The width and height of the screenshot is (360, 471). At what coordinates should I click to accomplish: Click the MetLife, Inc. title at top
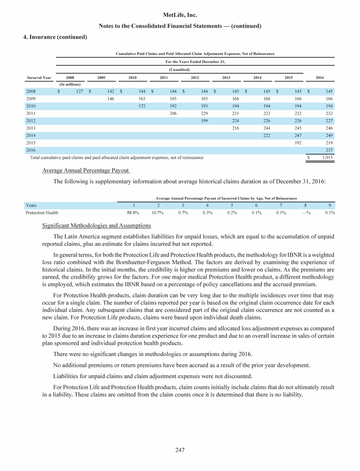point(180,15)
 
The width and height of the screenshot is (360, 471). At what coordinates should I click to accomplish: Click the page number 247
point(180,450)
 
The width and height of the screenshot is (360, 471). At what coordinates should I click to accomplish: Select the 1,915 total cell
point(327,158)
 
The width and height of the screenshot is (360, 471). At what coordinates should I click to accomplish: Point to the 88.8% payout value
point(133,213)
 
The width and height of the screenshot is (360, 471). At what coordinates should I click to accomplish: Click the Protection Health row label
point(42,213)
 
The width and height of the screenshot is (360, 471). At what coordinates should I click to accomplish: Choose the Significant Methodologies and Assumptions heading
point(94,226)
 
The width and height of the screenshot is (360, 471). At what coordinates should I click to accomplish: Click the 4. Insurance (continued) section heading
point(55,37)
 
